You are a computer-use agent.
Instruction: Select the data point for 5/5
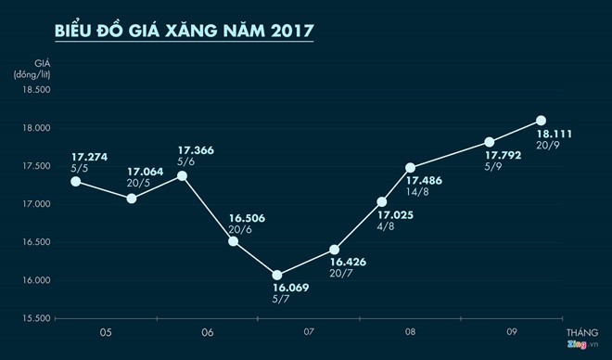(76, 181)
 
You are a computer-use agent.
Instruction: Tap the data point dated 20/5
(132, 198)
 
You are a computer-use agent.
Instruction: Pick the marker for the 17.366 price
(182, 175)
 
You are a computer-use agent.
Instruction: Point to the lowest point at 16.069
(277, 275)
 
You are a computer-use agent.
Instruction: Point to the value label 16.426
(348, 263)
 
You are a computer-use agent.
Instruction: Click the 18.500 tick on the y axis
(33, 89)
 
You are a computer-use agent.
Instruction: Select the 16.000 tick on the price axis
(33, 280)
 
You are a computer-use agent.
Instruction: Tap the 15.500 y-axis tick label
(33, 318)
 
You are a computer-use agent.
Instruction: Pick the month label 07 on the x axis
(309, 331)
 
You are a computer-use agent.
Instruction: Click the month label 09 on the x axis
(511, 331)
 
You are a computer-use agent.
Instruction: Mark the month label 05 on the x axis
(106, 331)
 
